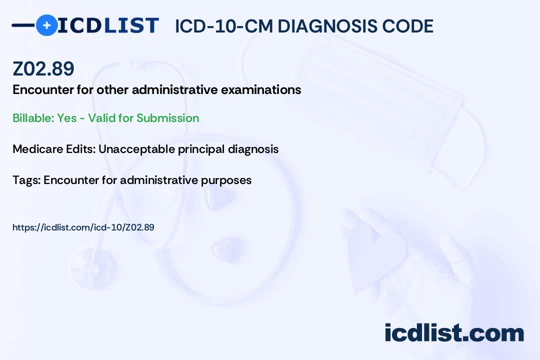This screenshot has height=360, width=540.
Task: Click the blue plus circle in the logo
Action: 47,25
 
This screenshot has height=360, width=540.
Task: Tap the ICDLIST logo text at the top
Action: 108,25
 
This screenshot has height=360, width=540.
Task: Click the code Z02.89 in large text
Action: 43,69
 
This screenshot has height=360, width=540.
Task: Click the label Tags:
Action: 26,180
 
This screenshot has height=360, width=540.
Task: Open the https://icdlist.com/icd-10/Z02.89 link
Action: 83,227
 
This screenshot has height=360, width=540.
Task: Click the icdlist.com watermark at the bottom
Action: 454,332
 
